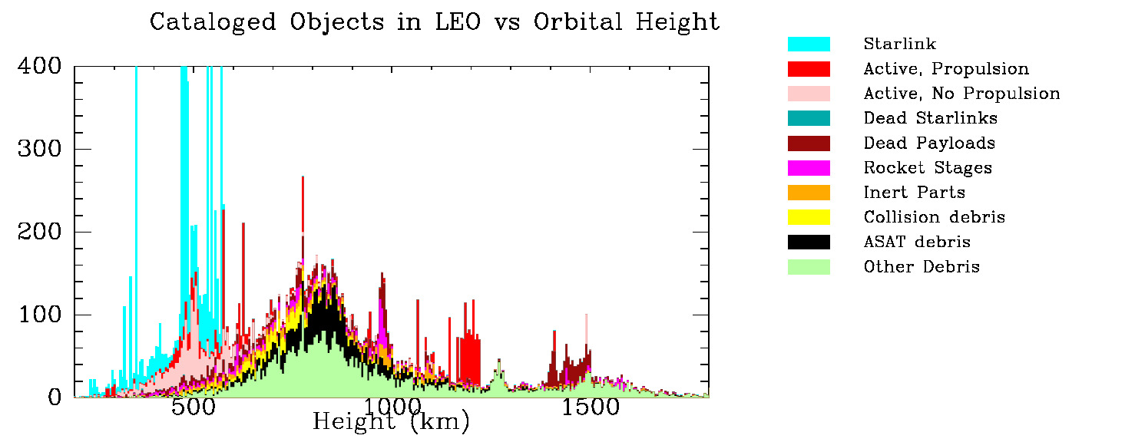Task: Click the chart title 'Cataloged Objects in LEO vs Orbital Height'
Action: (x=435, y=22)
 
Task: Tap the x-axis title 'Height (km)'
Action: (x=391, y=422)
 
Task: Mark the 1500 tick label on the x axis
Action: (x=590, y=407)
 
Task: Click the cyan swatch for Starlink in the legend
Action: (x=809, y=45)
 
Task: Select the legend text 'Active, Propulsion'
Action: (x=946, y=69)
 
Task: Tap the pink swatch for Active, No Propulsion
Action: (x=809, y=94)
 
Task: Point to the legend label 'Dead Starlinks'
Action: (x=931, y=118)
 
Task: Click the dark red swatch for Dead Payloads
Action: (x=809, y=143)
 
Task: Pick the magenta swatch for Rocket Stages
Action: (x=809, y=168)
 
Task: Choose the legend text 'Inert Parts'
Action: (x=914, y=193)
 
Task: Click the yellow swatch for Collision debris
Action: (x=809, y=217)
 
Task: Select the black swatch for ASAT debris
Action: (x=809, y=242)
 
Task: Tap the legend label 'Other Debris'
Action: (x=922, y=267)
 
